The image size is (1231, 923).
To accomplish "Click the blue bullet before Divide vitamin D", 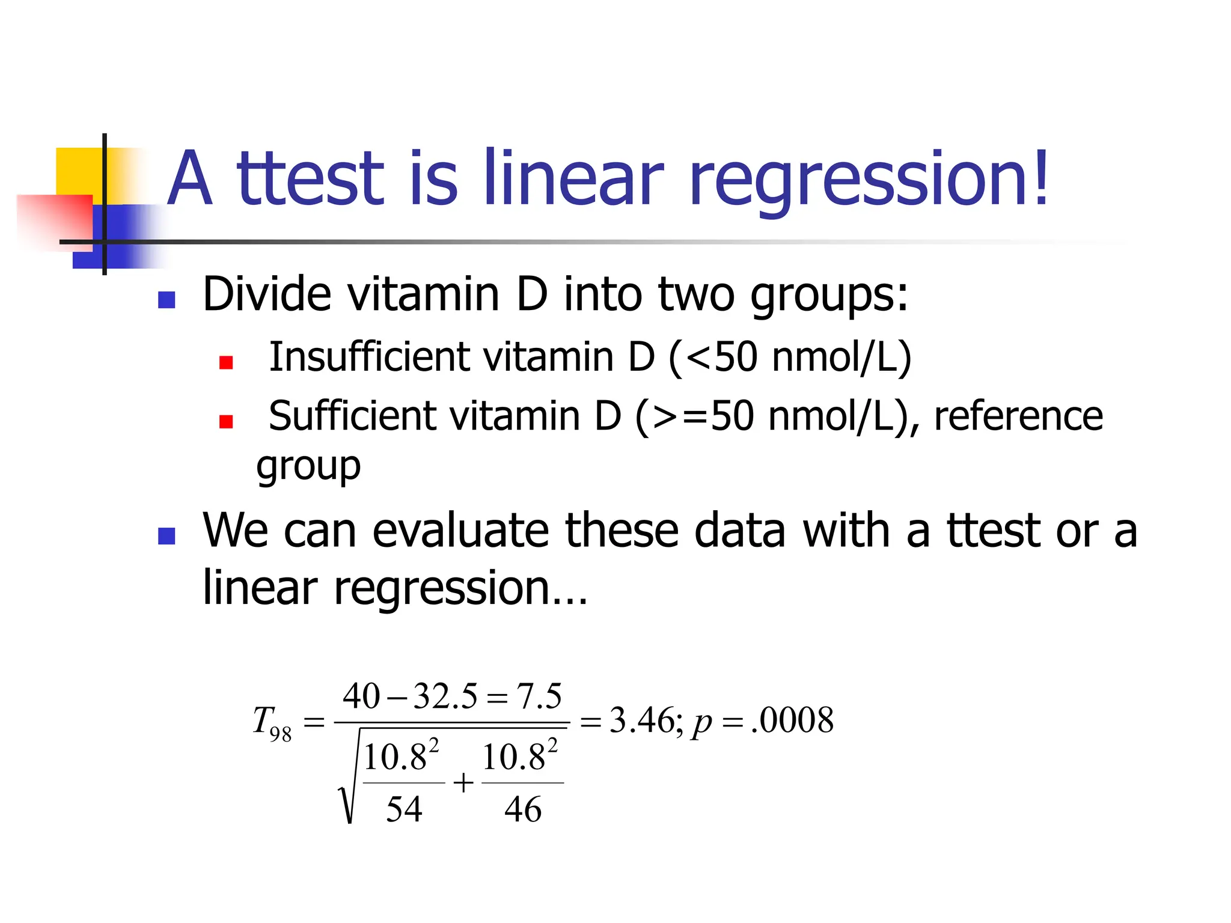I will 166,300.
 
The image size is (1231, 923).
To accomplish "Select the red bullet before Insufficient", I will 226,362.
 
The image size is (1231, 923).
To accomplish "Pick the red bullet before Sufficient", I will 226,421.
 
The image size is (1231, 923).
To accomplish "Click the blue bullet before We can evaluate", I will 166,535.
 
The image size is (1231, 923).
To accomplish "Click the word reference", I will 1018,416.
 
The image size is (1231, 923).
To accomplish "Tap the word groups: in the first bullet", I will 829,296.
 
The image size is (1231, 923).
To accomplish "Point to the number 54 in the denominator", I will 404,809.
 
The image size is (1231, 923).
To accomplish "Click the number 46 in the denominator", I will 523,809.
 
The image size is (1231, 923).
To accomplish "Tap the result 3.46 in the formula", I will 642,720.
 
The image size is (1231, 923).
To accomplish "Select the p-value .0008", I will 793,720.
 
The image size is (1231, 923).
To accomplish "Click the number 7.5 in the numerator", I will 539,696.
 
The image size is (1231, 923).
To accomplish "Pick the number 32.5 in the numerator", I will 445,696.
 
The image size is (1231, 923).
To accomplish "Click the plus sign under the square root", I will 463,783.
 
